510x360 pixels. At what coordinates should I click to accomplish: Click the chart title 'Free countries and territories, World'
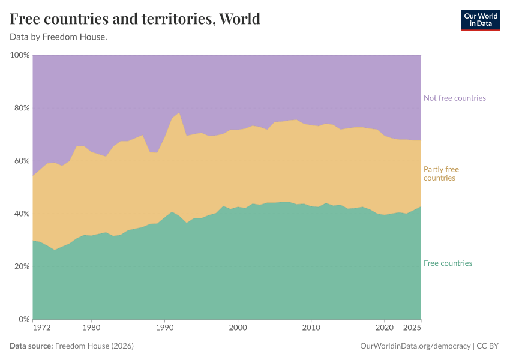pos(135,19)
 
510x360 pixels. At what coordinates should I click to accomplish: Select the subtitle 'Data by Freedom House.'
pos(58,37)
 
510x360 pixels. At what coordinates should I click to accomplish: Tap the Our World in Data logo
pos(480,20)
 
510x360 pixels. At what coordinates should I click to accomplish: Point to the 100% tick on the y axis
pos(20,55)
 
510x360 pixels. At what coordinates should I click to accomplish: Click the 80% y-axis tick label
pos(22,108)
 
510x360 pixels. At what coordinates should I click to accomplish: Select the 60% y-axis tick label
pos(22,161)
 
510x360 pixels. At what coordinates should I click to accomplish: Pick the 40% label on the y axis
pos(22,214)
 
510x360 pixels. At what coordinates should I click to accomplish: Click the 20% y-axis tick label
pos(22,266)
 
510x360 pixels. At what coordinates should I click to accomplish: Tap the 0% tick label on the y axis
pos(24,319)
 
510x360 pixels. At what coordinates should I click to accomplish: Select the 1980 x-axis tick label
pos(91,328)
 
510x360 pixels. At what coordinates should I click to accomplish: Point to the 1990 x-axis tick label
pos(164,328)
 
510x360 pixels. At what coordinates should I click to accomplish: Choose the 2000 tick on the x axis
pos(238,328)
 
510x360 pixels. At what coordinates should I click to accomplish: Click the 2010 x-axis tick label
pos(311,328)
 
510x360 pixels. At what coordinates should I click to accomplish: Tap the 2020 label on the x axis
pos(384,328)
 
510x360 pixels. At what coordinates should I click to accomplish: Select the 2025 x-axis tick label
pos(412,328)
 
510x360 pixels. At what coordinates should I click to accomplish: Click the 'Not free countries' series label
pos(454,98)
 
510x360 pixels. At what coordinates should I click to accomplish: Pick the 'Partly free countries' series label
pos(441,173)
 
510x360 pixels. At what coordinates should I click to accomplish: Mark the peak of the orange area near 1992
pos(179,113)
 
